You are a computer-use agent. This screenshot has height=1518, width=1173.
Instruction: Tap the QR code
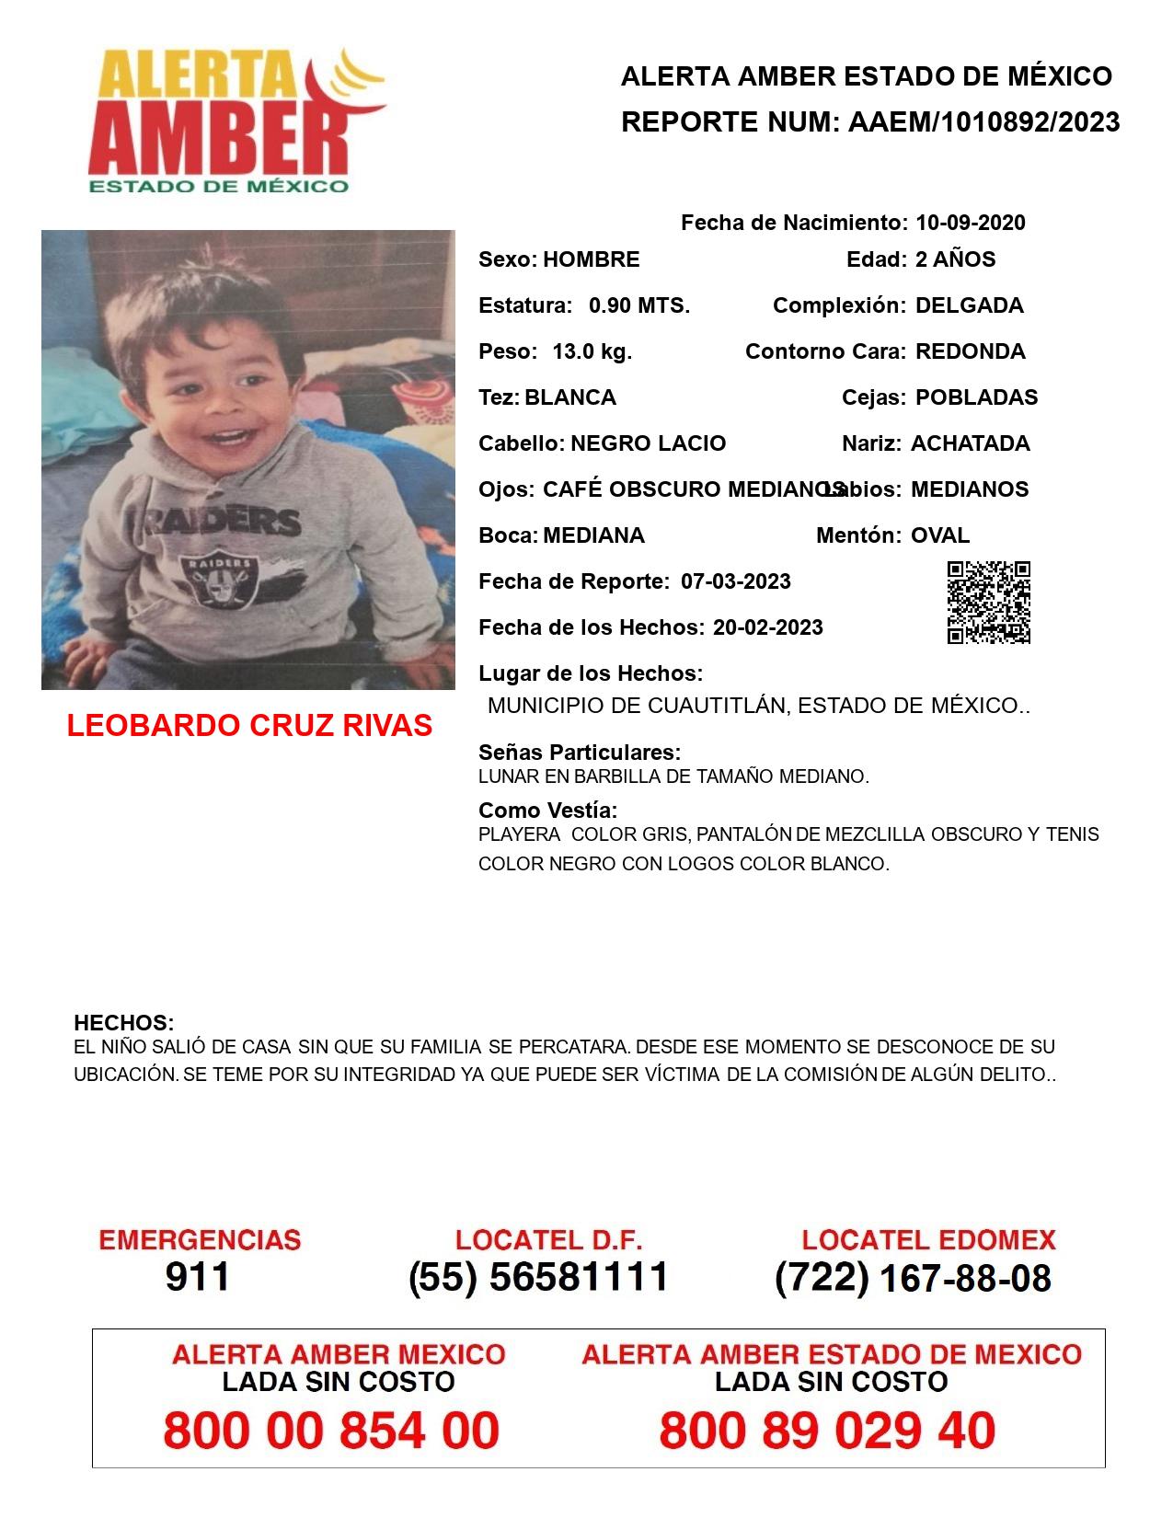click(989, 603)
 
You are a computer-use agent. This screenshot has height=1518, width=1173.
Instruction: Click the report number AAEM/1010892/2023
click(983, 121)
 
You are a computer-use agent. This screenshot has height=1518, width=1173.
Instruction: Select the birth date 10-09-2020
click(970, 223)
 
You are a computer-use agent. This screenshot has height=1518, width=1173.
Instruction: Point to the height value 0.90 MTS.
click(639, 305)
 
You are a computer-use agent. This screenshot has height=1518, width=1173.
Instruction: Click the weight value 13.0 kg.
click(592, 351)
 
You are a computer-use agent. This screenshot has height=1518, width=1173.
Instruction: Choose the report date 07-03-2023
click(735, 581)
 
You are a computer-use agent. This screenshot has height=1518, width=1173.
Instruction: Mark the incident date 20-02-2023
click(767, 627)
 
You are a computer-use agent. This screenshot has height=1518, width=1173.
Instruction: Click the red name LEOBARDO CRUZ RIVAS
click(249, 725)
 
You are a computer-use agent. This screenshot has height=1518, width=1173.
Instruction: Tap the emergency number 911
click(198, 1277)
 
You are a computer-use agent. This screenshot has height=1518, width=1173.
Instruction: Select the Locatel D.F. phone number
click(538, 1277)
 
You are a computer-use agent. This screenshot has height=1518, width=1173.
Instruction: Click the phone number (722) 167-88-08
click(913, 1278)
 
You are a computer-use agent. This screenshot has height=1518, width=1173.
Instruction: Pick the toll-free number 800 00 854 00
click(331, 1431)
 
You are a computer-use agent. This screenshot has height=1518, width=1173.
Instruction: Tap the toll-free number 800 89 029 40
click(827, 1431)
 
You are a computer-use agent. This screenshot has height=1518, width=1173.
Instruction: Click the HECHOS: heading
click(123, 1023)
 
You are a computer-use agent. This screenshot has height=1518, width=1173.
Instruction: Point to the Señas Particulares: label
click(580, 753)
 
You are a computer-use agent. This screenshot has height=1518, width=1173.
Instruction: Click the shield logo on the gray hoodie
click(218, 581)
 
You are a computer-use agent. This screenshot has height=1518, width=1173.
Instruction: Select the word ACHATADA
click(970, 443)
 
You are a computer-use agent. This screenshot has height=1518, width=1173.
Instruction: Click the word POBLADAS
click(976, 397)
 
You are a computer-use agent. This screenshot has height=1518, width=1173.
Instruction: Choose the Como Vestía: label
click(547, 811)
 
